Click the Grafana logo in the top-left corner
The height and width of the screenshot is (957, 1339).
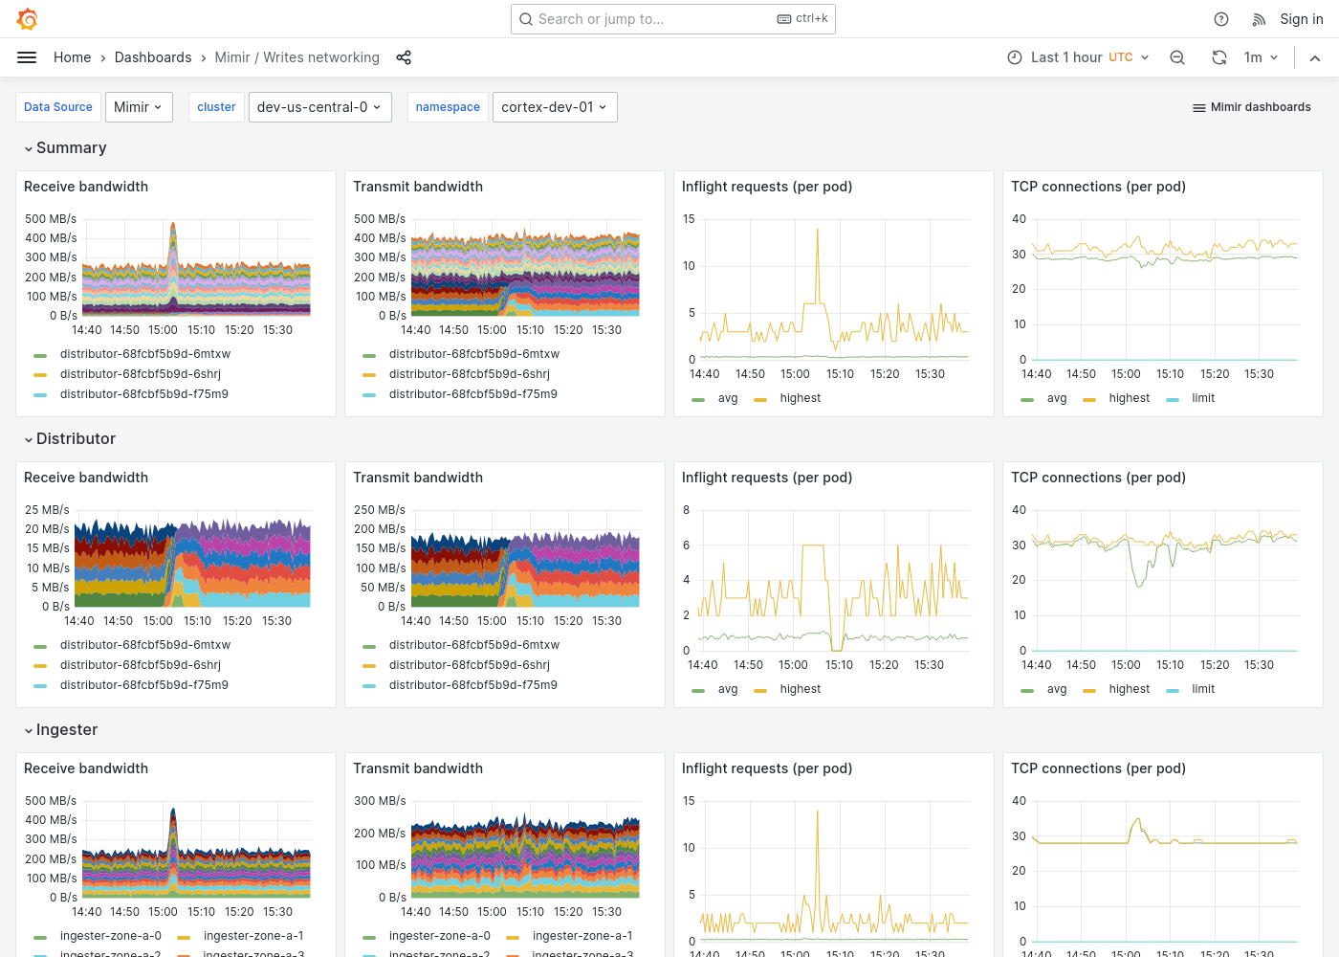coord(28,19)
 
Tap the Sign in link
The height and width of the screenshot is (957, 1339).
coord(1301,19)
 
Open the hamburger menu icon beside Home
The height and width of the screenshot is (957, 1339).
coord(27,57)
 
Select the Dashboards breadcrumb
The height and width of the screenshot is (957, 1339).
coord(153,57)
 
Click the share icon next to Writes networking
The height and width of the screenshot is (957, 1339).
coord(404,57)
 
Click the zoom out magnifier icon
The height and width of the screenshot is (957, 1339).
coord(1177,57)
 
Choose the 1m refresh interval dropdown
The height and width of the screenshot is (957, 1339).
coord(1261,57)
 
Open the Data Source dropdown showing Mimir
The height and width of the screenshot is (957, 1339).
coord(139,107)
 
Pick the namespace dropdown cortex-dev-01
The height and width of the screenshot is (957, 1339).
coord(554,107)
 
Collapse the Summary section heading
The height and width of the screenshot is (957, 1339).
coord(71,147)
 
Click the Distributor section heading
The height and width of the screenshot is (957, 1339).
coord(76,438)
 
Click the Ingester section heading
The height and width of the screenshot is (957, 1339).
coord(66,729)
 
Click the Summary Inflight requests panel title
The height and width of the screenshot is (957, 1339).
coord(766,187)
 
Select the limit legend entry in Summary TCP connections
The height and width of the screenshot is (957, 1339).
coord(1202,398)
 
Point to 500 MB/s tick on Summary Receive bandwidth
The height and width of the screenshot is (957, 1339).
coord(51,219)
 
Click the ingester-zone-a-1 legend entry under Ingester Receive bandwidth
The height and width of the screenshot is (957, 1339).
coord(252,936)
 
